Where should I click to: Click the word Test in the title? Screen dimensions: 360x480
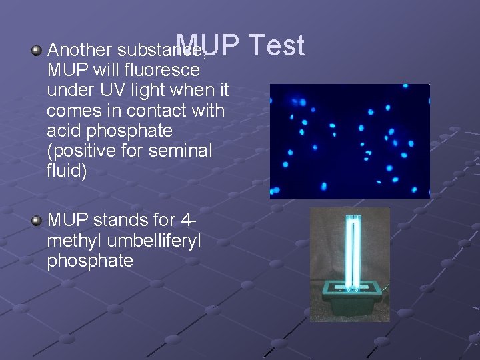[278, 46]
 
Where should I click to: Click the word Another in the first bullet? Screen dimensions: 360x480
[80, 50]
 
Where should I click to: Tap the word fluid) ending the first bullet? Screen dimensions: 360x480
[67, 171]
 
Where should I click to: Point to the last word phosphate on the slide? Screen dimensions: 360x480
[90, 261]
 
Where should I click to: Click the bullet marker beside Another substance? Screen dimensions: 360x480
[37, 50]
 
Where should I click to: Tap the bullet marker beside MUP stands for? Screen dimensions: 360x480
[37, 221]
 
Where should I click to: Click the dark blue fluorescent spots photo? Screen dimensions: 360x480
[349, 141]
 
